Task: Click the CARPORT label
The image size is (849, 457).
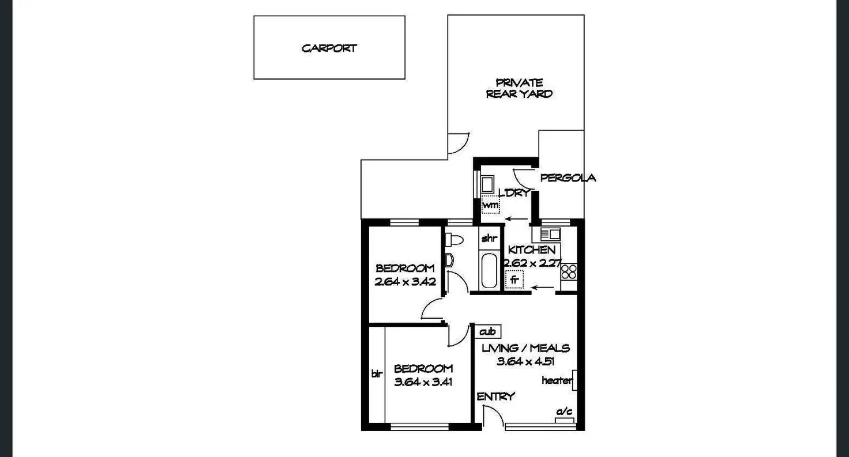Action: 329,48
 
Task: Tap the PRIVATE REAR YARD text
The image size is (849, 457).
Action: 519,88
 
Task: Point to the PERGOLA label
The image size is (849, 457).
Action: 568,178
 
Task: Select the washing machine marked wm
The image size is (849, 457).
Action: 490,205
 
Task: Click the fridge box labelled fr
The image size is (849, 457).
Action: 513,281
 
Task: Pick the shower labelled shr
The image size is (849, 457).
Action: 489,238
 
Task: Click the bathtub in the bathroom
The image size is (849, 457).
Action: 489,270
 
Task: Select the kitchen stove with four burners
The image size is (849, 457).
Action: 568,271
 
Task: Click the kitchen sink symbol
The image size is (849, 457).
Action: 550,234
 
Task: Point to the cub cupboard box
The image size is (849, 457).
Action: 488,331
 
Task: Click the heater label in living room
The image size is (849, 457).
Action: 557,380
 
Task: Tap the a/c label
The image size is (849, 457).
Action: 564,411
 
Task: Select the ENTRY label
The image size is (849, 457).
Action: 495,396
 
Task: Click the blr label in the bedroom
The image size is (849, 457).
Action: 377,373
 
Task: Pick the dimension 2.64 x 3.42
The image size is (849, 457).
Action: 404,282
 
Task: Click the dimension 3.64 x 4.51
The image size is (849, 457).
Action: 525,361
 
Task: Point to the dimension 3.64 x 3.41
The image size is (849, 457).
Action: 423,381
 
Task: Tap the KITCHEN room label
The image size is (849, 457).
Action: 531,250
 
